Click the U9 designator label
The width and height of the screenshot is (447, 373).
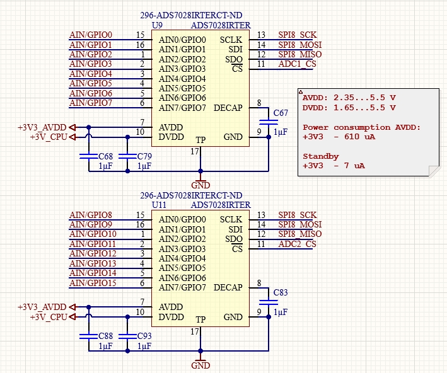tap(157, 25)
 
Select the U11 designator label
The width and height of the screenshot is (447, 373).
tap(159, 205)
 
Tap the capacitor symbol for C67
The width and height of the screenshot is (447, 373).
tap(269, 122)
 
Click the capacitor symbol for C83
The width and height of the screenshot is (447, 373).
tap(269, 302)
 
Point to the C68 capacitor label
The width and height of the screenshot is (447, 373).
tap(105, 156)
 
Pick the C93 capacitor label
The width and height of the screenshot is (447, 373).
tap(144, 336)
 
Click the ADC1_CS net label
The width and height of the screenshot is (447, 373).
tap(298, 64)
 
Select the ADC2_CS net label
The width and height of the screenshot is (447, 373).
tap(298, 244)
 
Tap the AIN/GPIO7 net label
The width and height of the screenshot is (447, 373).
tap(91, 103)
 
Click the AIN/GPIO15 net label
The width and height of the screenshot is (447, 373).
tap(93, 283)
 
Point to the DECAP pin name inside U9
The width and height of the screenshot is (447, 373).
tap(228, 108)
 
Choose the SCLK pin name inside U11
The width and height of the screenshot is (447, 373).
tap(231, 219)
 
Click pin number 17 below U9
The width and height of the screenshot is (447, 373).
tap(195, 151)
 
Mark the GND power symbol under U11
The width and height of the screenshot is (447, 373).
tap(200, 362)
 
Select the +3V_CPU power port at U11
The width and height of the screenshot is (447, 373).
tap(53, 317)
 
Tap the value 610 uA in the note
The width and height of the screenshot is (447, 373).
tap(360, 137)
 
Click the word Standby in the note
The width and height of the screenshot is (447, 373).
tap(321, 156)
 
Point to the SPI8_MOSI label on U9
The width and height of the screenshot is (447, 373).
tap(300, 45)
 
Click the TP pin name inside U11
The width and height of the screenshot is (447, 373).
tap(200, 319)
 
